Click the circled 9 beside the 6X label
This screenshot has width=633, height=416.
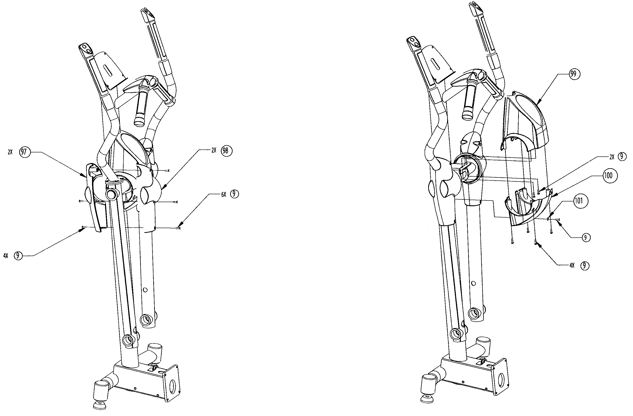(234, 194)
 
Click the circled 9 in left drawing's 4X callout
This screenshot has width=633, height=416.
(18, 256)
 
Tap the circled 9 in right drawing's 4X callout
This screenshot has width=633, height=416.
(584, 265)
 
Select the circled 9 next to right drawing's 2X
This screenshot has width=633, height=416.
(621, 156)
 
